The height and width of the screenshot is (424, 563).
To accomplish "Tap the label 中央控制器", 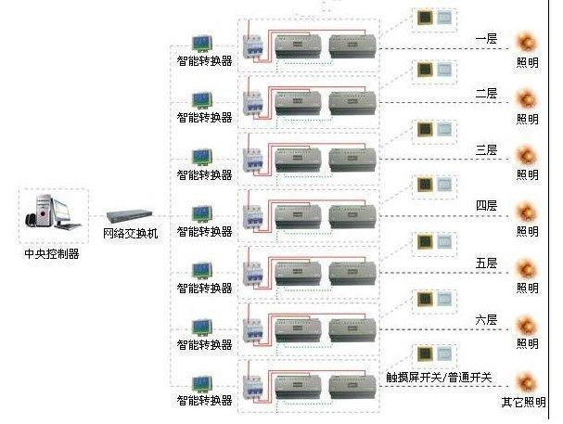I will (51, 252).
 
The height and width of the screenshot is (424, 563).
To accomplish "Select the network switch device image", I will (129, 215).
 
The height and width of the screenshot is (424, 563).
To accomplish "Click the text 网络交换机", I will (130, 233).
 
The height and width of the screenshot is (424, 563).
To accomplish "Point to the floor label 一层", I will (486, 39).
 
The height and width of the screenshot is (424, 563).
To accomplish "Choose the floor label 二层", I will (486, 94).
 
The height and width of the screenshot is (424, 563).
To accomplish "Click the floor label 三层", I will (486, 150).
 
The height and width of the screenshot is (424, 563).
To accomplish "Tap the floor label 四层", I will (486, 205).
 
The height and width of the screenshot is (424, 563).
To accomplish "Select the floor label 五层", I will (486, 263).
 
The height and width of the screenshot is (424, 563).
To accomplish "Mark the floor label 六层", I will (486, 320).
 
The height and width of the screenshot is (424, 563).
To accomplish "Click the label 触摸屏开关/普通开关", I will (439, 378).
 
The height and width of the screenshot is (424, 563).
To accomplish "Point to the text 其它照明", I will (524, 402).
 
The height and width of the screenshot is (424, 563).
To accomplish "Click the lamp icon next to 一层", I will (528, 43).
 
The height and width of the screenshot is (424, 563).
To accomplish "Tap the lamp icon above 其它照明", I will (528, 380).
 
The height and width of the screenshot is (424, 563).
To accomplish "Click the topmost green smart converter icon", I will (203, 43).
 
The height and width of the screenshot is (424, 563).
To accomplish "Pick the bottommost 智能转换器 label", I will (204, 401).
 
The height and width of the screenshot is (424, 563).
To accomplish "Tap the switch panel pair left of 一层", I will (434, 18).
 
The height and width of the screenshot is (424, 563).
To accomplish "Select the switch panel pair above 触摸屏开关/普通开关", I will (434, 355).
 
